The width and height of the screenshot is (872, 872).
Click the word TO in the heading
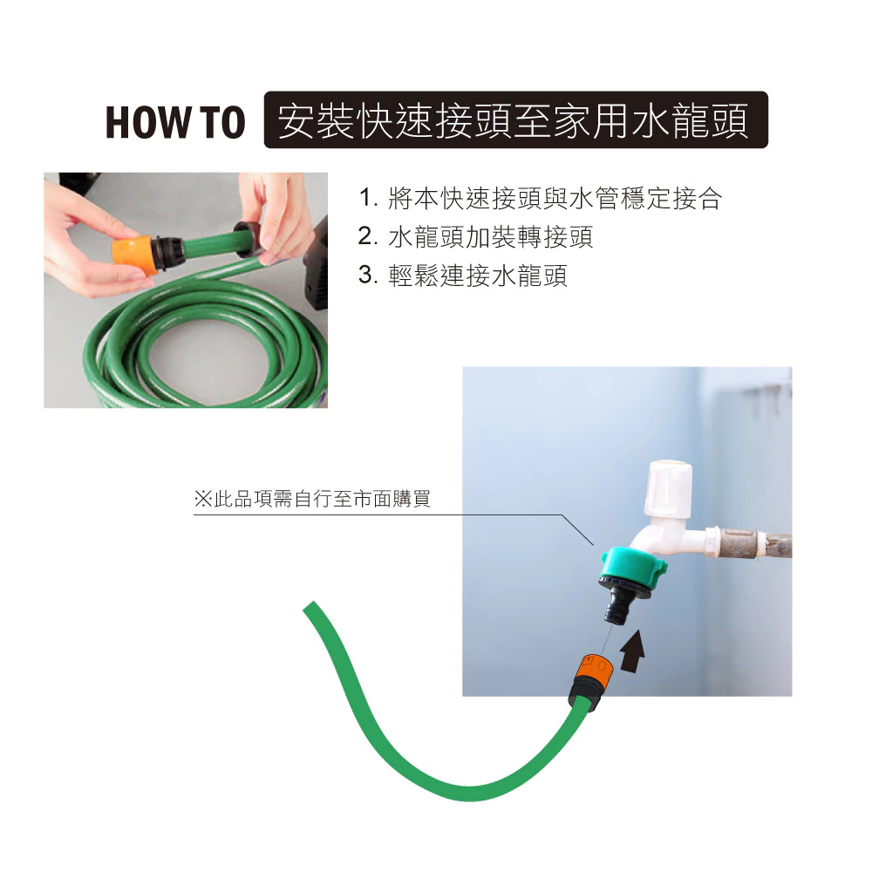coord(222,122)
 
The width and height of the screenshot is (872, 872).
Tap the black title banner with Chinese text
coord(515,120)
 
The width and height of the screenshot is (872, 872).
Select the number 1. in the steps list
coord(368,198)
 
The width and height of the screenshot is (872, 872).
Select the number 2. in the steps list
coord(368,236)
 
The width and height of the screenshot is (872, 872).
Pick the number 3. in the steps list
coord(368,275)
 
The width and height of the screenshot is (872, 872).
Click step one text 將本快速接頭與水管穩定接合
coord(555,198)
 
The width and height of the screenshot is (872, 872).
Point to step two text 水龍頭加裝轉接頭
coord(490,236)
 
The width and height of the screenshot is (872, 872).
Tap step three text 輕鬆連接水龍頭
coord(477,275)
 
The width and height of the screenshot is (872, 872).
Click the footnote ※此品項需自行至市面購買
coord(312,499)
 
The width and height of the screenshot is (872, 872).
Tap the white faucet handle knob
coord(668,487)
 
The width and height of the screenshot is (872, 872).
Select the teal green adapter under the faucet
coord(633,566)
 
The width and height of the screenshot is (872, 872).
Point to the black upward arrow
coord(632,651)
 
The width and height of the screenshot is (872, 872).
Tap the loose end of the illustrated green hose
coord(310,607)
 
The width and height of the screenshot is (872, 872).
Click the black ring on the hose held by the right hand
coord(247,239)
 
